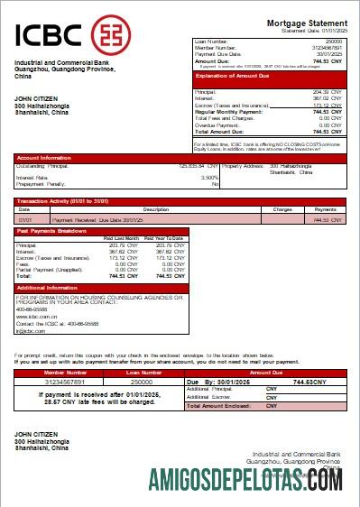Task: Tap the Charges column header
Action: click(282, 208)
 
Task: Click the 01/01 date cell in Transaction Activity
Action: click(27, 218)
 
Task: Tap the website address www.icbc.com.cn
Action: click(36, 317)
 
